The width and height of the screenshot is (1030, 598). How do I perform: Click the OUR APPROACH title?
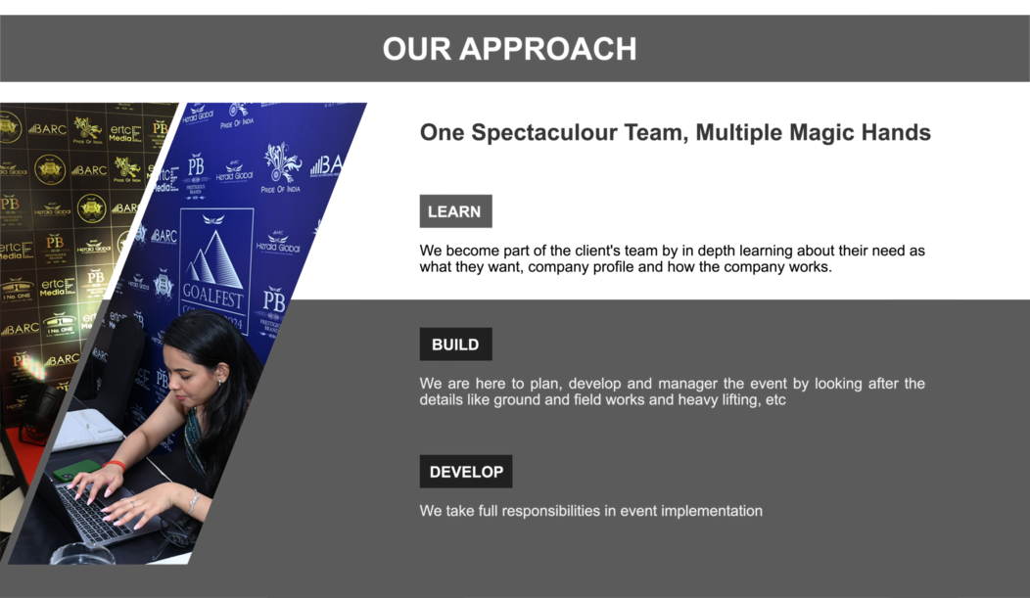click(509, 49)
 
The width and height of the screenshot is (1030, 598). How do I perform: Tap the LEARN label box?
click(456, 211)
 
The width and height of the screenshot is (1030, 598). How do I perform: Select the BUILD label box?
click(456, 344)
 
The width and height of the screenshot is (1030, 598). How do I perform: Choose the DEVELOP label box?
click(466, 472)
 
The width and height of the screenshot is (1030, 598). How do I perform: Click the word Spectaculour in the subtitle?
click(544, 133)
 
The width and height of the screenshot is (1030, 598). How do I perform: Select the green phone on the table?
click(76, 471)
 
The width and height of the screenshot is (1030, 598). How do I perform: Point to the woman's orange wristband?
click(115, 465)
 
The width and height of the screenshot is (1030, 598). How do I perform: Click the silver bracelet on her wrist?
click(193, 501)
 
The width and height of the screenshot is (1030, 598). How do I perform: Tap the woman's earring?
click(220, 382)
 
